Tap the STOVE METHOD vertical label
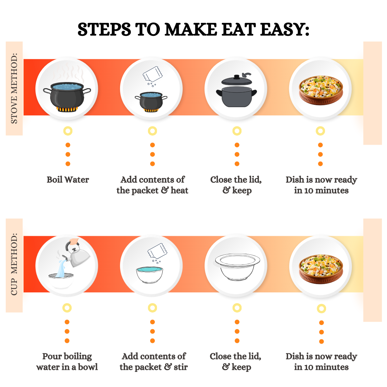[x=14, y=89]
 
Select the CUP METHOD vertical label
[x=14, y=264]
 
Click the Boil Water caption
[x=68, y=180]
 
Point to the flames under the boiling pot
[x=67, y=109]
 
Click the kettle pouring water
[x=77, y=254]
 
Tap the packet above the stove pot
[x=153, y=74]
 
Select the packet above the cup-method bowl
[x=157, y=251]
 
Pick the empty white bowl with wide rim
[x=238, y=267]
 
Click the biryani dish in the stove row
[x=321, y=90]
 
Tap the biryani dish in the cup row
[x=321, y=269]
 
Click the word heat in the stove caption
[x=180, y=190]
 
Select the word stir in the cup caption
[x=181, y=367]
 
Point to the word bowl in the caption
[x=88, y=367]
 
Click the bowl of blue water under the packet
[x=149, y=274]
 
